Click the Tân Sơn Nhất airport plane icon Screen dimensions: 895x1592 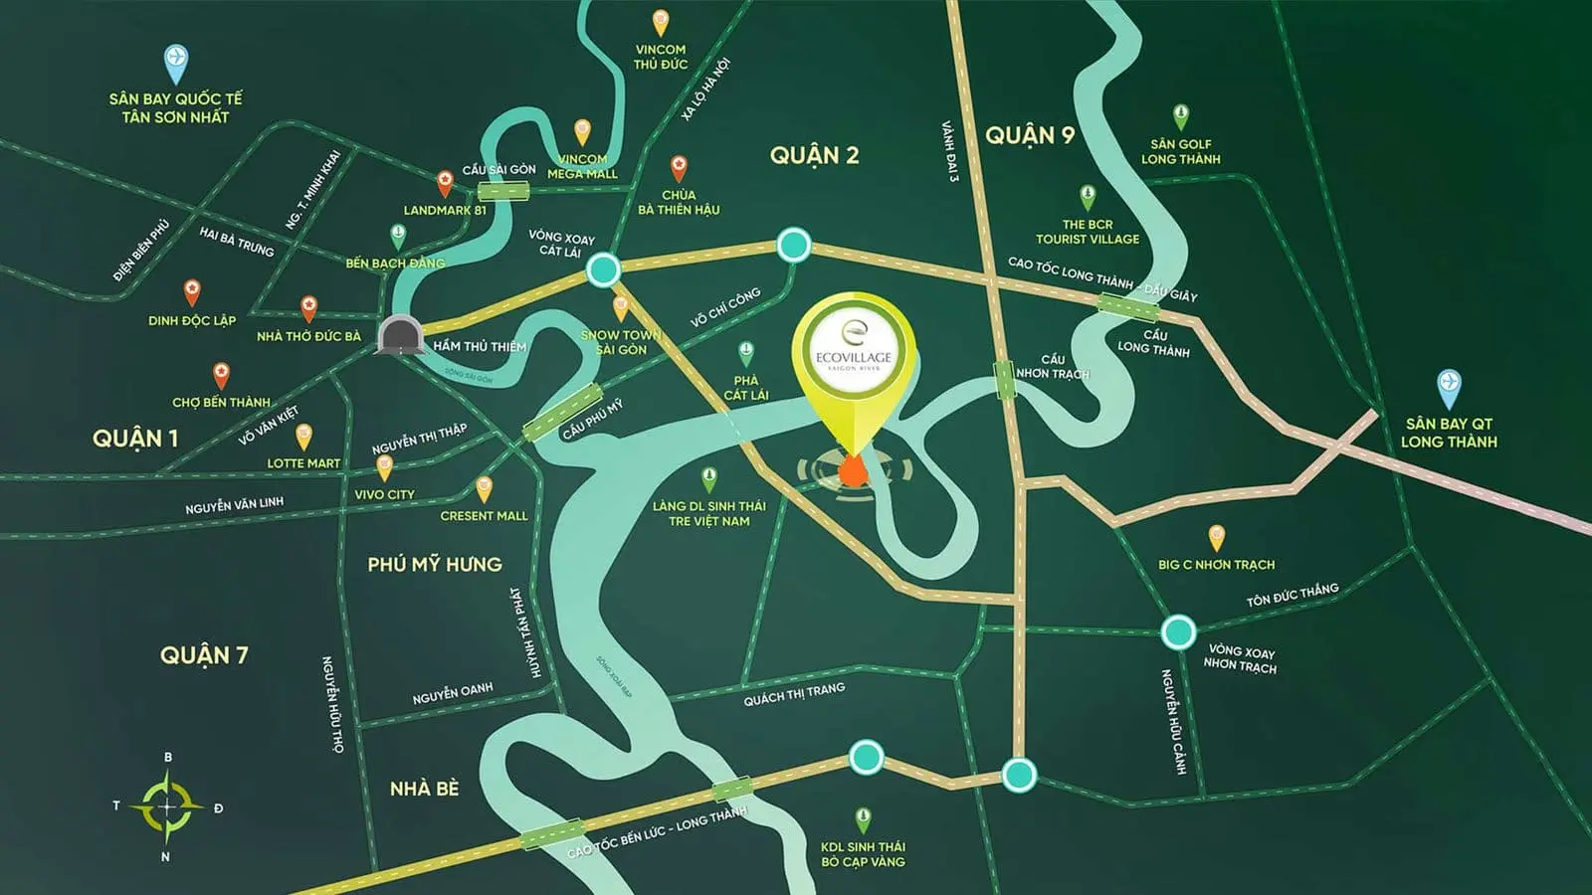pos(175,63)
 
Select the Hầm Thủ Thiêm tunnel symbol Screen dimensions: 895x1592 pos(400,335)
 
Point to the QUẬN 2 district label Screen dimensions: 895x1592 pos(814,155)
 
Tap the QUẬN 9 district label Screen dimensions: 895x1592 pos(1030,135)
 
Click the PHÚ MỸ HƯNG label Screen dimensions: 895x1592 pos(435,564)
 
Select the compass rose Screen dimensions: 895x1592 pos(166,806)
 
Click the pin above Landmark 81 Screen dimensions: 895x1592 pos(445,183)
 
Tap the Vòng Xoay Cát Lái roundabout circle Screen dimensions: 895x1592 pos(603,268)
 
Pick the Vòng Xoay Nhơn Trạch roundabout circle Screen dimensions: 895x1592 pos(1178,630)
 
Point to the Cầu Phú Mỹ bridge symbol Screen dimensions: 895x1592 pos(562,412)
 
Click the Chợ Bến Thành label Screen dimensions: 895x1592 pos(221,402)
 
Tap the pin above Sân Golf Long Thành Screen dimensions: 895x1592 pos(1180,116)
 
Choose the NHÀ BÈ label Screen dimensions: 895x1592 pos(424,789)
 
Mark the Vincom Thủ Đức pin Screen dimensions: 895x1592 pos(660,22)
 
